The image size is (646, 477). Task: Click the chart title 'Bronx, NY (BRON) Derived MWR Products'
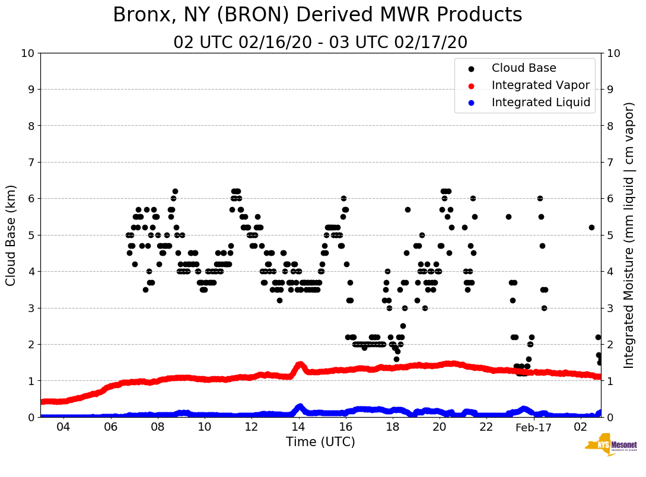(x=317, y=15)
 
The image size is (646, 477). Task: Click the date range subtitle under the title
(x=320, y=43)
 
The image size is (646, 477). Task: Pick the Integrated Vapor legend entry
(x=540, y=85)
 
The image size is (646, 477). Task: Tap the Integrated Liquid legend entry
(x=541, y=103)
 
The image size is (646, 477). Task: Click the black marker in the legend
(x=471, y=69)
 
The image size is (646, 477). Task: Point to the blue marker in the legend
(x=471, y=103)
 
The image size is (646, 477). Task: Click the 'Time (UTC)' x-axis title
(x=320, y=442)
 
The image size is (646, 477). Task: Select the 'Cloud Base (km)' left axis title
(x=11, y=235)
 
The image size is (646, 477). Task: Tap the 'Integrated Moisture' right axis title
(x=629, y=235)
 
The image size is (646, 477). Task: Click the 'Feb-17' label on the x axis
(x=533, y=428)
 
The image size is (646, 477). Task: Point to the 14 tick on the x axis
(x=298, y=428)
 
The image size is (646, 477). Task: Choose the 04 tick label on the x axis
(x=63, y=428)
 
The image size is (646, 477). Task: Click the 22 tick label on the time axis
(x=486, y=428)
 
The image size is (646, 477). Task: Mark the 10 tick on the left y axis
(x=27, y=53)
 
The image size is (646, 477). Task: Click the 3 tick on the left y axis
(x=30, y=308)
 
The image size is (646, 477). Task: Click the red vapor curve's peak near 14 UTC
(x=300, y=364)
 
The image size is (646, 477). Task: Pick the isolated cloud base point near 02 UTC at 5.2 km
(x=591, y=227)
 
